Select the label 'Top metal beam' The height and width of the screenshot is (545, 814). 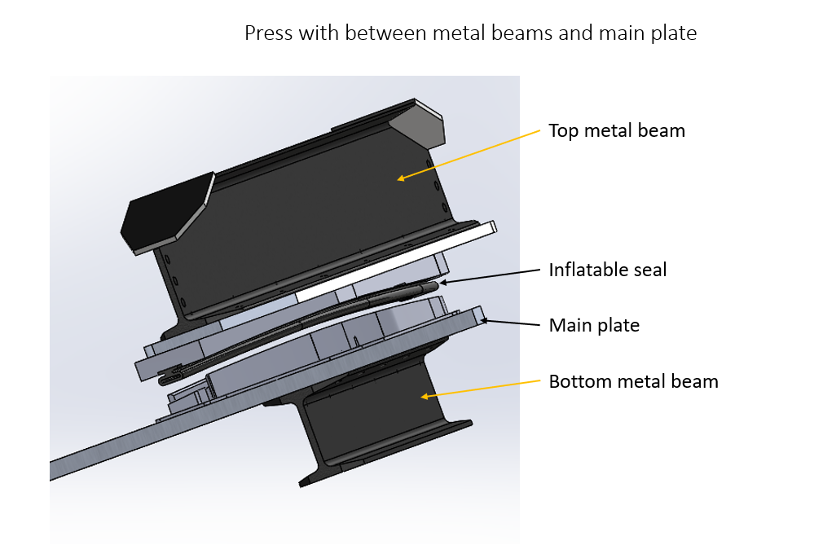[x=616, y=130]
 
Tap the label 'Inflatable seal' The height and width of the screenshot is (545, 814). [x=607, y=270]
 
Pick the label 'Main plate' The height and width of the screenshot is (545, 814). [x=593, y=326]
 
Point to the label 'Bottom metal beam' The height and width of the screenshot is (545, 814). [x=633, y=381]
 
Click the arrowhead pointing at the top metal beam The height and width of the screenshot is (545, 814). [x=399, y=177]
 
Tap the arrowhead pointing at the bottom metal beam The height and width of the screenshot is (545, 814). [x=424, y=397]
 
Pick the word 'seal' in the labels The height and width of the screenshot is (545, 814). [x=649, y=270]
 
